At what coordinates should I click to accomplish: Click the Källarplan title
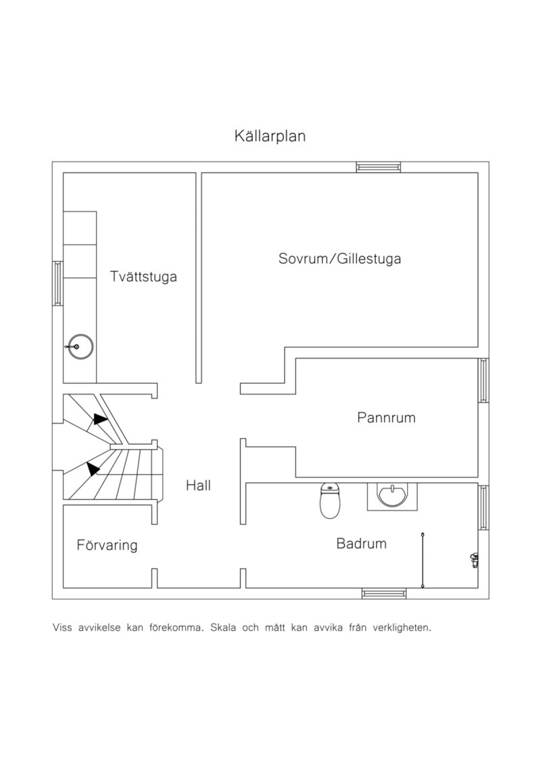270,136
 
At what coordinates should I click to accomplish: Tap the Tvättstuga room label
143,276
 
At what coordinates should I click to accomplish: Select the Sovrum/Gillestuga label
339,258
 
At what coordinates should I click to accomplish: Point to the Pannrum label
386,418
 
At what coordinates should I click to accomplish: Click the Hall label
198,486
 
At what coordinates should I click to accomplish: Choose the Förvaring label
107,545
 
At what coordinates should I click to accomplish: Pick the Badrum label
362,543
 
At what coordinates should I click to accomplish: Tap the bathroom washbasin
392,496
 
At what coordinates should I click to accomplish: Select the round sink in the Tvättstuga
81,347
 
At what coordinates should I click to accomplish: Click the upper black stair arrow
101,419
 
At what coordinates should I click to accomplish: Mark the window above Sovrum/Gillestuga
378,167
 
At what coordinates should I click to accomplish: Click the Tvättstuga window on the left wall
58,283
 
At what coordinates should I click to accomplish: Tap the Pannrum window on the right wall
483,380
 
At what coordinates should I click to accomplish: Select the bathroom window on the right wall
483,508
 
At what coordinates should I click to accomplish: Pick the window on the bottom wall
384,594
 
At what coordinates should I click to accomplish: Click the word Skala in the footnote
223,628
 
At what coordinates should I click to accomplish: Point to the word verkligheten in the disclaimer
402,628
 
